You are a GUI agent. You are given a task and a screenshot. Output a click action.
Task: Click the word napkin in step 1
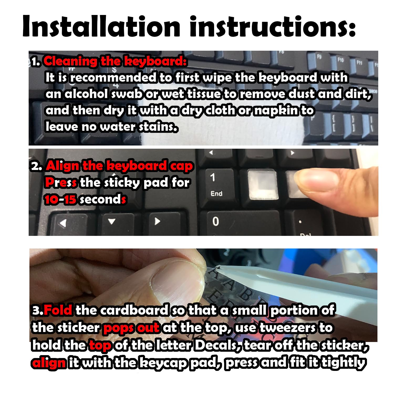click(276, 111)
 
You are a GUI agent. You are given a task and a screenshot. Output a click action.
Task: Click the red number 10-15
click(60, 199)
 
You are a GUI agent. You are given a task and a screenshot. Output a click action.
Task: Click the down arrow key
click(112, 222)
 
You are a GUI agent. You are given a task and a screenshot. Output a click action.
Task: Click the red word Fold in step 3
click(58, 310)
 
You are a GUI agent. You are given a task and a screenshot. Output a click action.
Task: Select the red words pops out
click(132, 328)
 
